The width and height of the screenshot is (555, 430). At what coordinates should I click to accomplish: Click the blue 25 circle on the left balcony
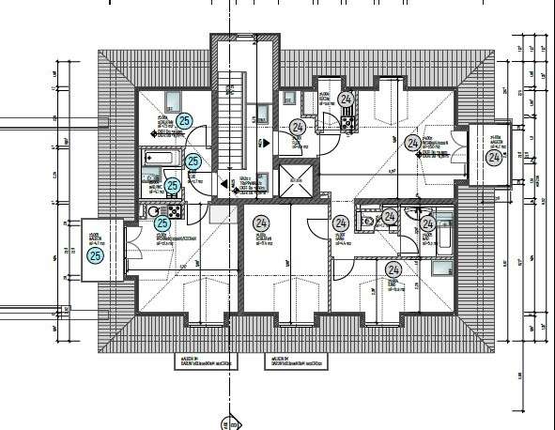point(94,255)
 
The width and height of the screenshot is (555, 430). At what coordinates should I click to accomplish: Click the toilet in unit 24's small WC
point(373,220)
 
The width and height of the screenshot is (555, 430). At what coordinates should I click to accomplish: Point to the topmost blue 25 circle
point(184,120)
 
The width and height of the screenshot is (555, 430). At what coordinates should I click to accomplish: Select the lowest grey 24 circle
point(393,270)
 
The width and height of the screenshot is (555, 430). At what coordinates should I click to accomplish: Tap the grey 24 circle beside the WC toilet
point(390,218)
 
